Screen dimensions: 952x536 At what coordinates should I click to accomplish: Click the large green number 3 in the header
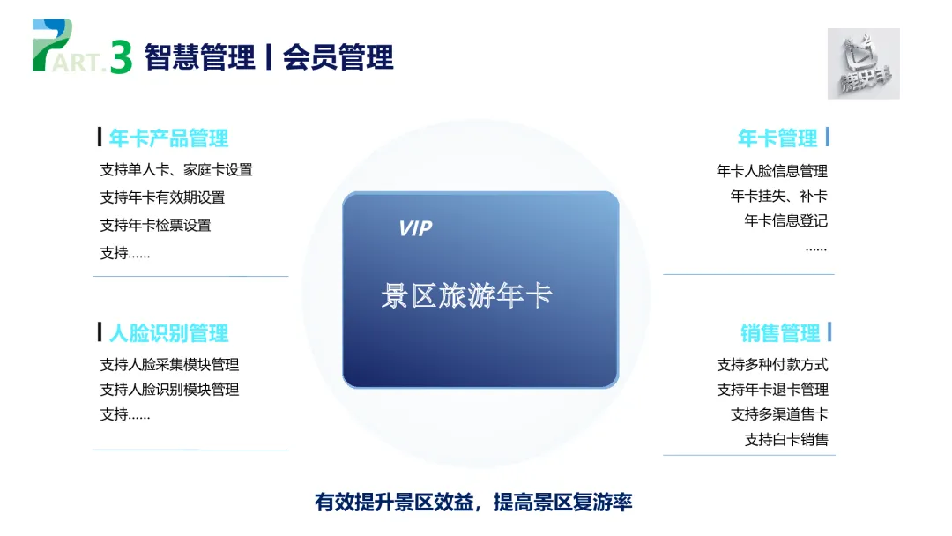[x=122, y=57]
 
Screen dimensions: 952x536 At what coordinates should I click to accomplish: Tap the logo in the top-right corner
[x=863, y=63]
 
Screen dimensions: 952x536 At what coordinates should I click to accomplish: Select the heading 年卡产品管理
[x=168, y=138]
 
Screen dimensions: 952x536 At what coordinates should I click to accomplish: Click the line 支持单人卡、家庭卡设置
[x=176, y=170]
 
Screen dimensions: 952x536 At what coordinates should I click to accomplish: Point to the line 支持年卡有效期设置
[x=162, y=197]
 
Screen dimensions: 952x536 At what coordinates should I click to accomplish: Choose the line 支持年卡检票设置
[x=155, y=225]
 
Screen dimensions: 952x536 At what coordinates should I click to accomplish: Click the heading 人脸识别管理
[x=168, y=333]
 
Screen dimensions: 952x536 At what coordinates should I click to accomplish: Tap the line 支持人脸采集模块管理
[x=169, y=364]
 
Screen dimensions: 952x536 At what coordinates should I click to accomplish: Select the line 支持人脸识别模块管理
[x=169, y=389]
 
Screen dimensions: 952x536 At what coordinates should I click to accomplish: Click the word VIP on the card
[x=415, y=229]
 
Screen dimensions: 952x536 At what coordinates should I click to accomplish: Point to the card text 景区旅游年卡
[x=466, y=296]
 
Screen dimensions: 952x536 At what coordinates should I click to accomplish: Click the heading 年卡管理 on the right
[x=777, y=138]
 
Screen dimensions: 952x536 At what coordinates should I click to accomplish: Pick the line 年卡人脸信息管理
[x=772, y=171]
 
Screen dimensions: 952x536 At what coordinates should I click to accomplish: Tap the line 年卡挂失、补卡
[x=779, y=196]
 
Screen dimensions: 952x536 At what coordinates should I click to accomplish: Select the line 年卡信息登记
[x=786, y=220]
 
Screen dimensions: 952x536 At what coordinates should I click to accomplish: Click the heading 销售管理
[x=780, y=333]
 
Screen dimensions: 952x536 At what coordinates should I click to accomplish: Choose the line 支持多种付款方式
[x=772, y=364]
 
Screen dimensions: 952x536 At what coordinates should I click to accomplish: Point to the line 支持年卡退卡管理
[x=772, y=389]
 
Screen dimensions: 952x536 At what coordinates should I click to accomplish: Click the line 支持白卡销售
[x=786, y=438]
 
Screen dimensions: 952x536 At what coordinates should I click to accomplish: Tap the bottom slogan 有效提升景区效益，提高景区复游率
[x=474, y=502]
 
